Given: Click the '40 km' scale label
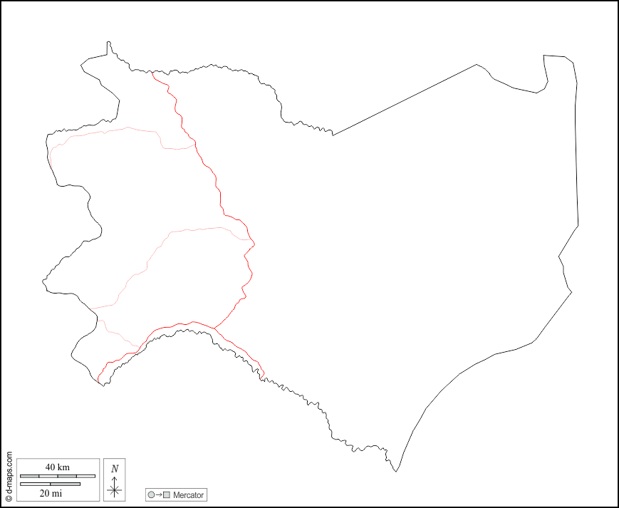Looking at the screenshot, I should (x=57, y=467).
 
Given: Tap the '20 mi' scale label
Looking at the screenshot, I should (x=50, y=493).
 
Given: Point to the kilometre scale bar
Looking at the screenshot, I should (x=57, y=476).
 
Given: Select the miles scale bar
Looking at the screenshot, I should (x=50, y=484).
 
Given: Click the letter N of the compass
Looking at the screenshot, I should (x=115, y=469).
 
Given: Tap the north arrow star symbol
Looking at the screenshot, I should (x=115, y=489).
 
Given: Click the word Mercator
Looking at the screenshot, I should (x=188, y=495).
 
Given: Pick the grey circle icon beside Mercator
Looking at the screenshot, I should (x=150, y=495).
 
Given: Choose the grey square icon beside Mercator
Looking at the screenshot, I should (x=167, y=495).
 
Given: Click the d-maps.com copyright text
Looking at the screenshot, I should (x=9, y=476).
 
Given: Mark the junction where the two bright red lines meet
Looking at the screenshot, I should (x=214, y=328).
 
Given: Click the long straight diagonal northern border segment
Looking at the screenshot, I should (x=405, y=99).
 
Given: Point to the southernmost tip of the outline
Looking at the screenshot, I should (x=397, y=471).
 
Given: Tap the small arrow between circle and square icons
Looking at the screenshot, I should (x=158, y=495).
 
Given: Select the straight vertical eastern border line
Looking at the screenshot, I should (x=576, y=157).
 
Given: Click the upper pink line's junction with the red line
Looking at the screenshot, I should (x=195, y=145).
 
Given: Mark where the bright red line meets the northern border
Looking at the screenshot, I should (x=152, y=72).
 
